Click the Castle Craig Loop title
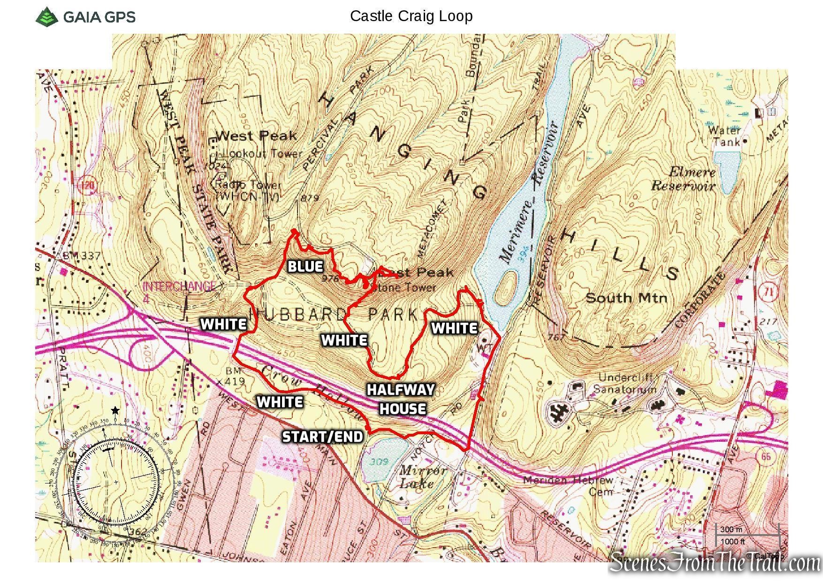click(411, 16)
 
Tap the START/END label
click(323, 437)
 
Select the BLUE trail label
click(305, 267)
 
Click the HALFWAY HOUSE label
click(401, 399)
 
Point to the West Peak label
click(257, 136)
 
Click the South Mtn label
click(626, 298)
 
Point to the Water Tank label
click(724, 136)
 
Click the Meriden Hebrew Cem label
click(568, 486)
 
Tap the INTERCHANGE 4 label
click(179, 291)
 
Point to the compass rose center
click(116, 482)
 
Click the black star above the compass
click(115, 411)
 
